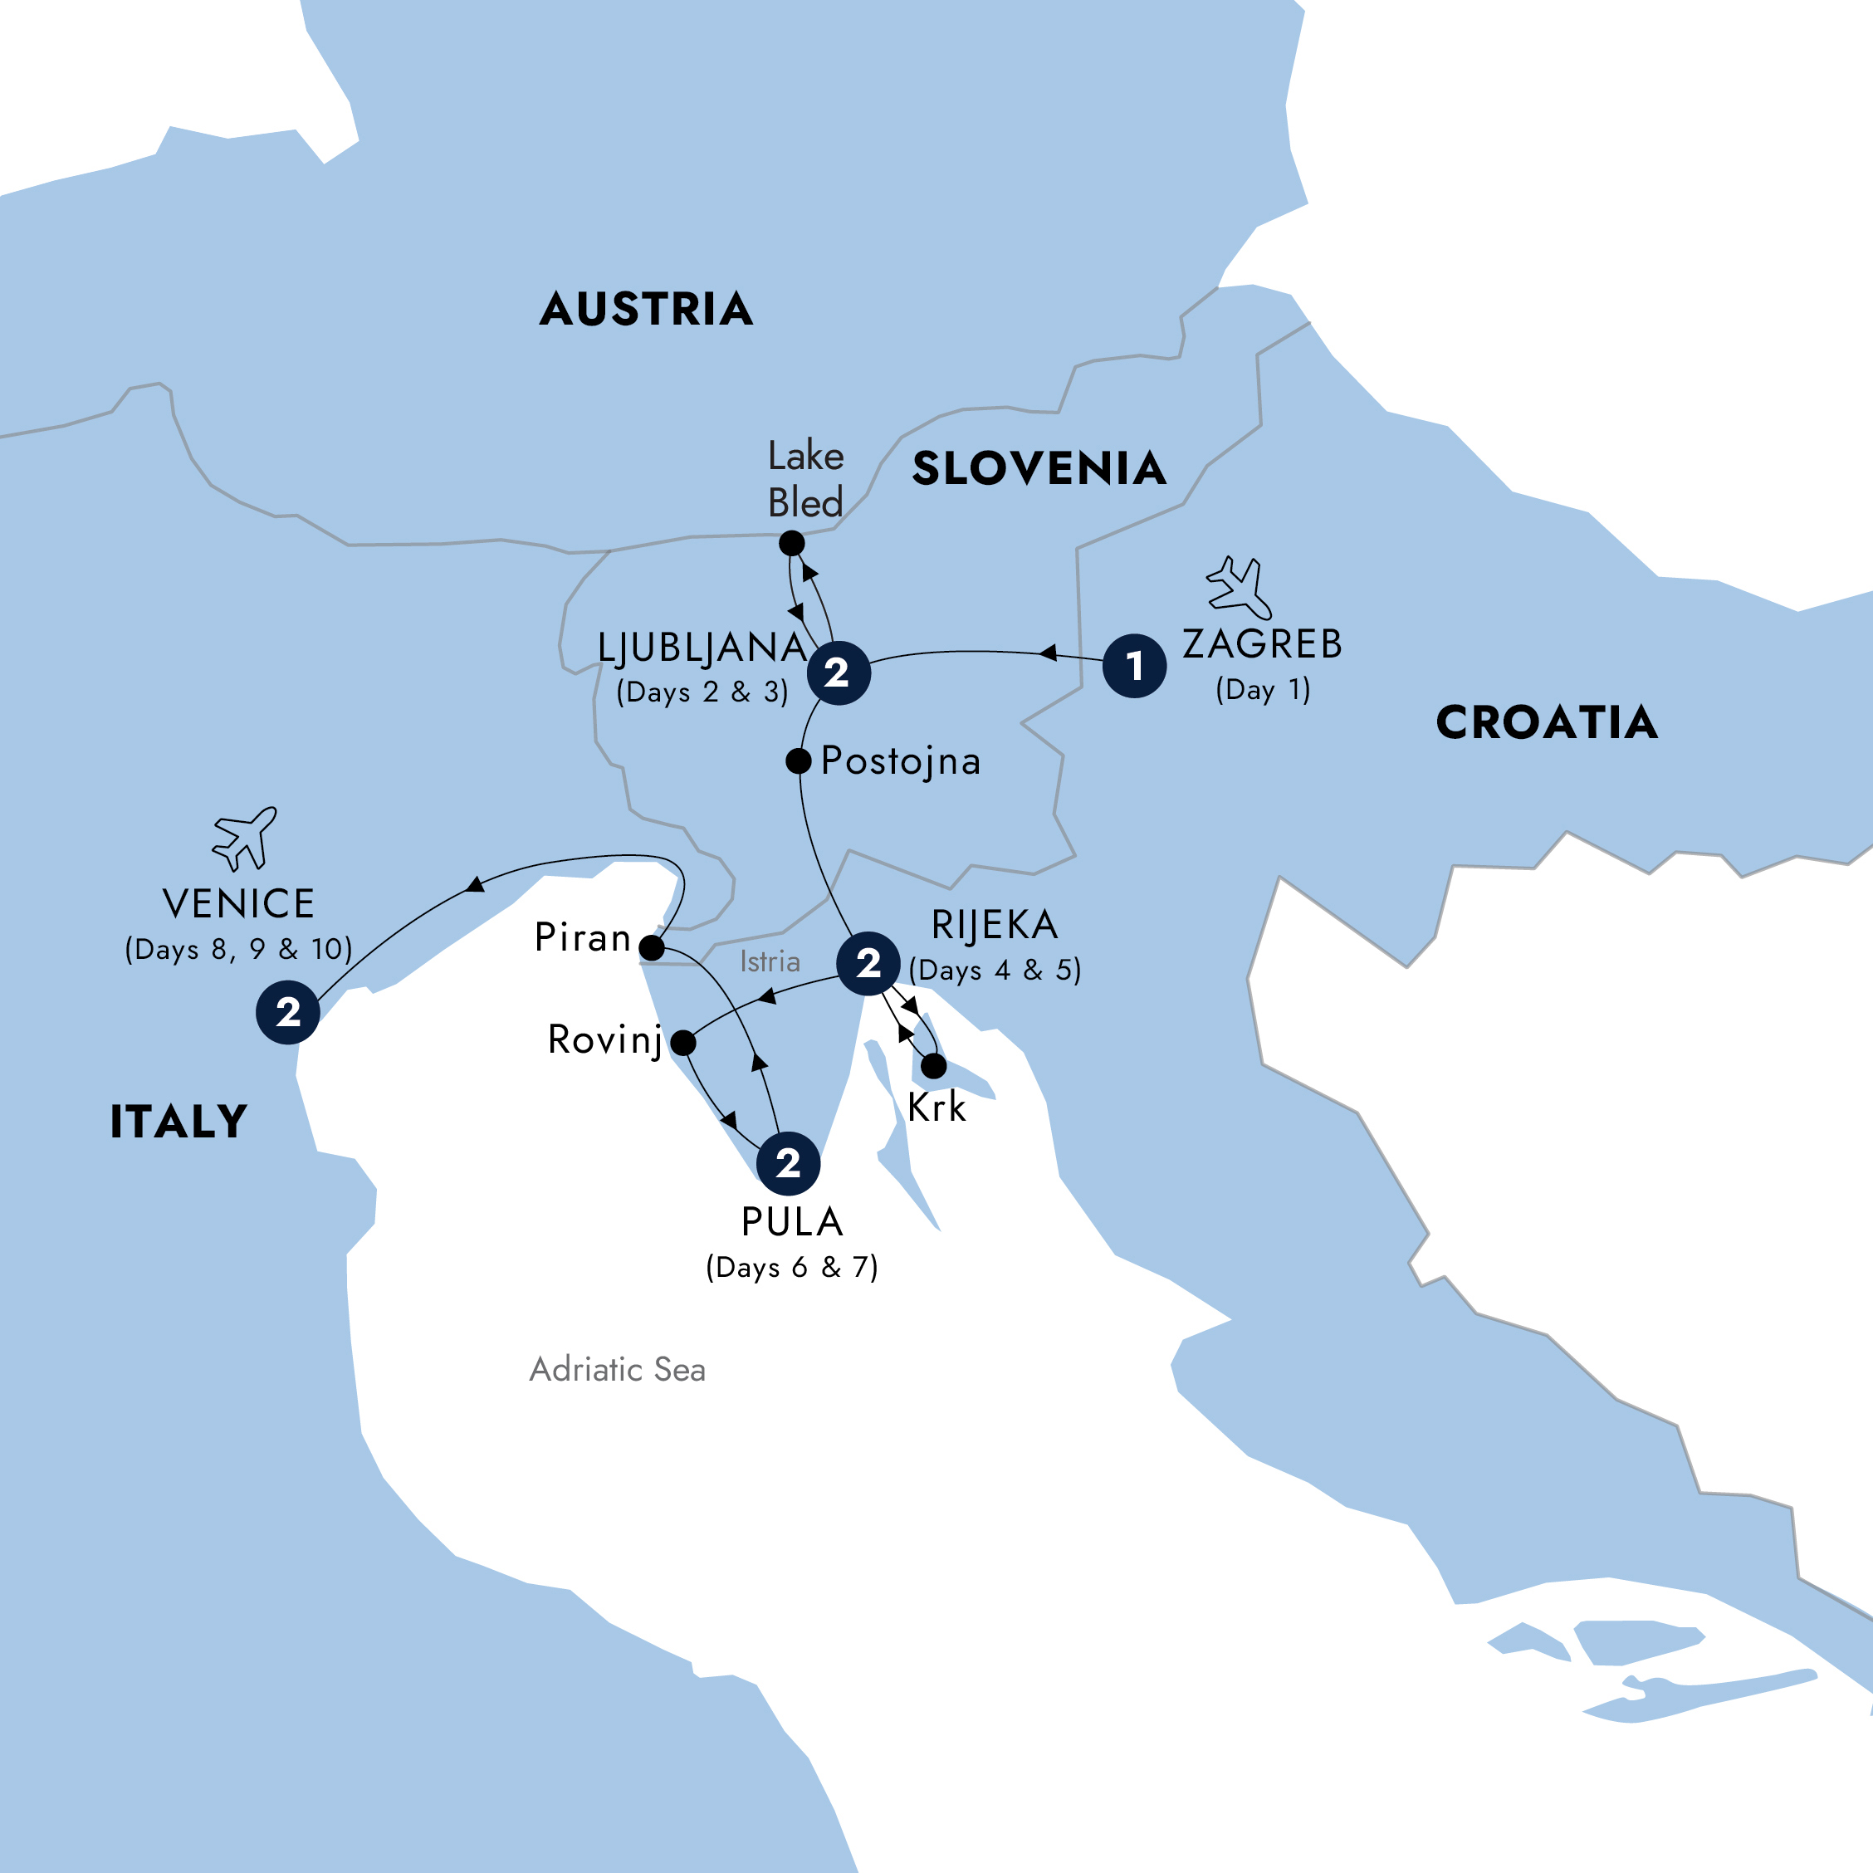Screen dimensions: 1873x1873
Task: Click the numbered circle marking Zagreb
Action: point(1134,666)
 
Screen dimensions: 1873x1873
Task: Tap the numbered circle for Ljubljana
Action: point(839,672)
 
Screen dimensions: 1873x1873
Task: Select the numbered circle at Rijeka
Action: point(868,963)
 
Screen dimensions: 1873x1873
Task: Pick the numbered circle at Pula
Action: point(788,1163)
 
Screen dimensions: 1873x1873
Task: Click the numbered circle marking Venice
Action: point(288,1012)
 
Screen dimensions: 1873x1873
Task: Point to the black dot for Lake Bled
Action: point(792,544)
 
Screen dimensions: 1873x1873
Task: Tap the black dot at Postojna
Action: point(798,761)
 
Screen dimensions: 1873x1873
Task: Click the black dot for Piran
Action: point(652,947)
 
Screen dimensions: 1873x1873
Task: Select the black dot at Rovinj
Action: point(683,1043)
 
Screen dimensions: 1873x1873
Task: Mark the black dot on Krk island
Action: point(933,1066)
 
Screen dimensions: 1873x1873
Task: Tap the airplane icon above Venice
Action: point(245,838)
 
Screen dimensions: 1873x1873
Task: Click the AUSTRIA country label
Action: point(647,309)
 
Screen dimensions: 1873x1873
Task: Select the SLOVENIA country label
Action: point(1039,468)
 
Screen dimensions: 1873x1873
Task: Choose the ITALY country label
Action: point(179,1122)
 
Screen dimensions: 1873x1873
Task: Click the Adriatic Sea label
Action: point(618,1370)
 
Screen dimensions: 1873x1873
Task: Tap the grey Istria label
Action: point(770,961)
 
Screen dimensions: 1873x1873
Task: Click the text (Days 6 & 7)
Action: point(792,1267)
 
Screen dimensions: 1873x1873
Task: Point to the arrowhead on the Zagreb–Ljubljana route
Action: point(1048,653)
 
